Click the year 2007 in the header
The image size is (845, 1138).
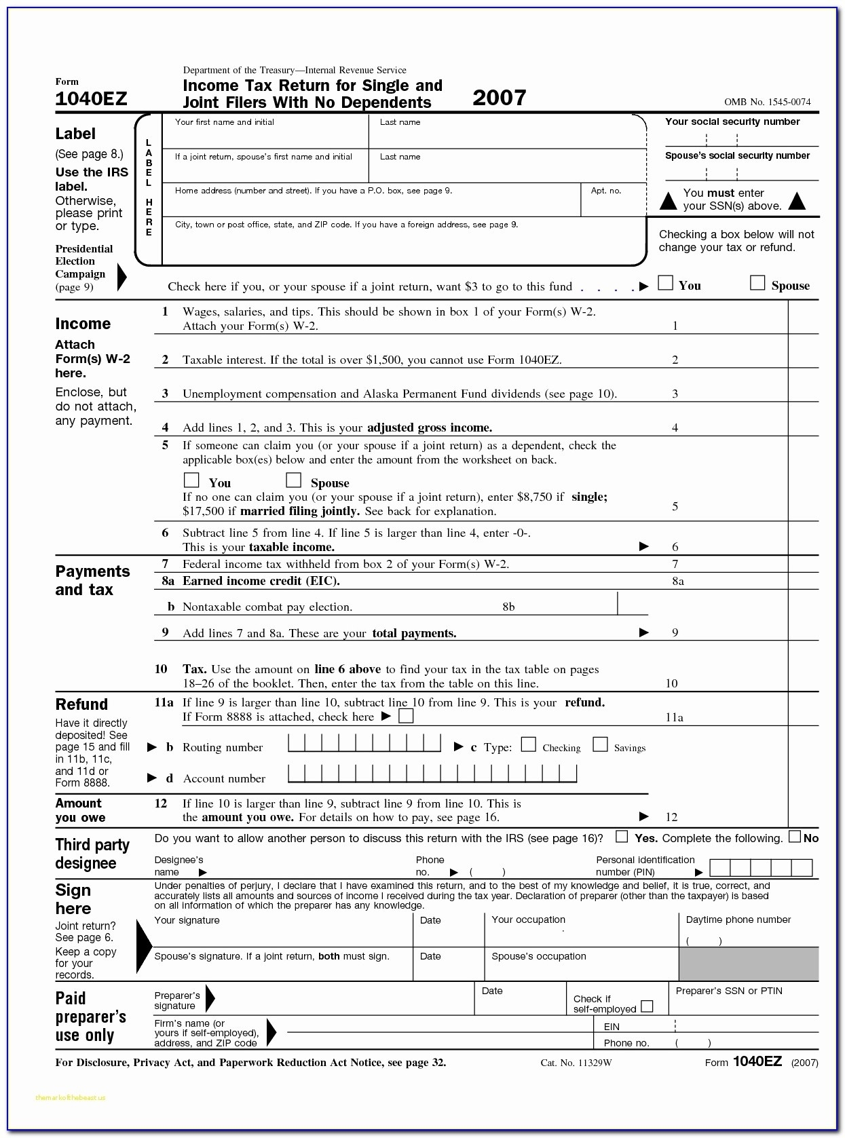pos(499,98)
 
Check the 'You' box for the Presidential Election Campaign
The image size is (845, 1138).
pos(666,283)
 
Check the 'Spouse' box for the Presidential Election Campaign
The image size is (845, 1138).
pos(757,283)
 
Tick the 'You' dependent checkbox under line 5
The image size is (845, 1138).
pos(192,480)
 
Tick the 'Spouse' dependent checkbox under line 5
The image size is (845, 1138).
pos(293,480)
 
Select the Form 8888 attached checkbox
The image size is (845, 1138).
pos(406,716)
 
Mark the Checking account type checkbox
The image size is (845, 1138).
pos(528,745)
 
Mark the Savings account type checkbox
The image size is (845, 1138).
pos(600,745)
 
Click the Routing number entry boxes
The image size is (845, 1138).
pos(364,744)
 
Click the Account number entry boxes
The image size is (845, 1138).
pos(432,774)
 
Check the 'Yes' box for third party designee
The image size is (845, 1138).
pos(622,837)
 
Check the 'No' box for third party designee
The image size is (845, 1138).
pos(795,837)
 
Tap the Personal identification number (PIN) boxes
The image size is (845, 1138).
pos(761,867)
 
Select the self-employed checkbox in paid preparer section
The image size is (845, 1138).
pos(647,1006)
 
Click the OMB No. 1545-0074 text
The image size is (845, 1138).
pos(767,102)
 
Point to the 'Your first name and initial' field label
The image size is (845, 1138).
pos(225,122)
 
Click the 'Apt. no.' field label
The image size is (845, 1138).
pos(606,191)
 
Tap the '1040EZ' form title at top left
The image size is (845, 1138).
pos(91,99)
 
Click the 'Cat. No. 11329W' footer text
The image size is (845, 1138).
pos(576,1063)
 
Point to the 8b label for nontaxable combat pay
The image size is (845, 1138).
pos(508,607)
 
